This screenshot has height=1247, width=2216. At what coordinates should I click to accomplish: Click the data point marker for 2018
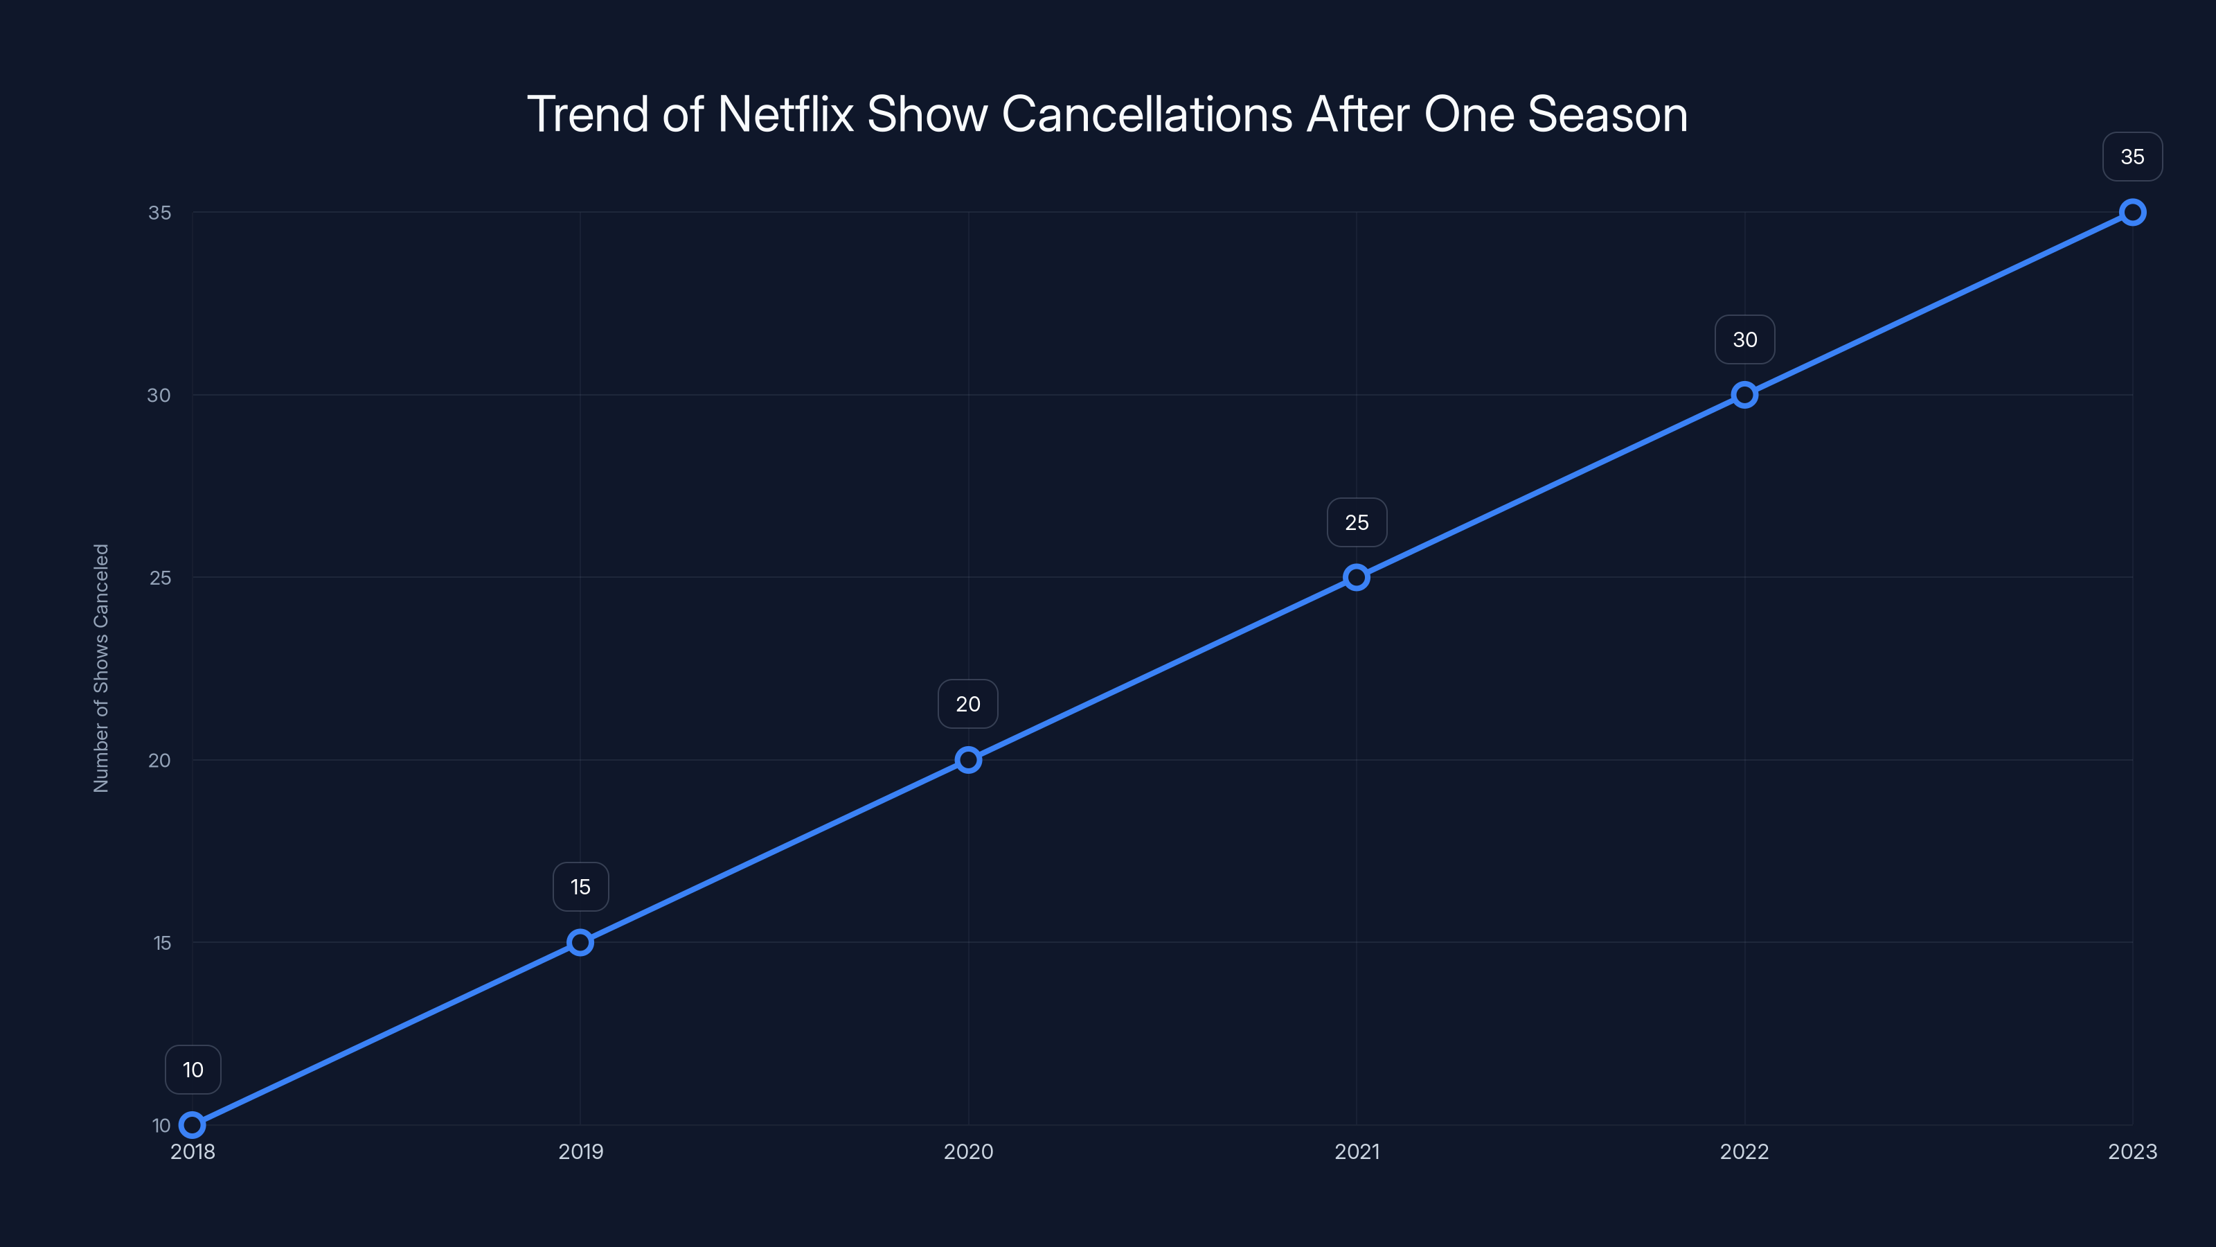pos(193,1125)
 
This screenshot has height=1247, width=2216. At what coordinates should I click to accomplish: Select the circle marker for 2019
pos(581,942)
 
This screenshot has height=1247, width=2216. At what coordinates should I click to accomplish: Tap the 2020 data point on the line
pos(969,760)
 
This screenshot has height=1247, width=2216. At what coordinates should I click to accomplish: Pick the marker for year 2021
pos(1357,578)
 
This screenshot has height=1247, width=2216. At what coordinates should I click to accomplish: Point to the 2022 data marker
pos(1744,395)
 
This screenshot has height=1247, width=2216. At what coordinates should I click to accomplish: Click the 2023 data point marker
pos(2133,213)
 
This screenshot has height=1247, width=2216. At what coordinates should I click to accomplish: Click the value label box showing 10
pos(193,1070)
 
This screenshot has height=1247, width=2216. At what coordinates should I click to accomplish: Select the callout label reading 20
pos(968,704)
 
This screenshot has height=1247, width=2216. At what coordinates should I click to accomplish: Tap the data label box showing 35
pos(2133,157)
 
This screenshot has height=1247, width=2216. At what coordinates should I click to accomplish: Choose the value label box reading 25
pos(1357,522)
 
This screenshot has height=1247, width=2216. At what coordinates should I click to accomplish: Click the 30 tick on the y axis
pos(159,395)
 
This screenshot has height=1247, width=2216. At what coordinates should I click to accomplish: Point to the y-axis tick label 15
pos(162,943)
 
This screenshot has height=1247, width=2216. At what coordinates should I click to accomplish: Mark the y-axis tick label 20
pos(159,761)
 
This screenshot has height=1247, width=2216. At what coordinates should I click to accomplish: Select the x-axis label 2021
pos(1357,1151)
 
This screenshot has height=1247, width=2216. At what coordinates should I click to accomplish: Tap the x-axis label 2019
pos(581,1151)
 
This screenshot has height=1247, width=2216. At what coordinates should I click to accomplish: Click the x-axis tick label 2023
pos(2133,1151)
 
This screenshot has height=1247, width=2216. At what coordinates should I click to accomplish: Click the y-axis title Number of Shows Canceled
pos(102,668)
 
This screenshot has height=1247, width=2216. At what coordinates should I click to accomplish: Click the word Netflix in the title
pos(785,114)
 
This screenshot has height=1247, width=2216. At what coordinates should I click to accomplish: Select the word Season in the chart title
pos(1607,114)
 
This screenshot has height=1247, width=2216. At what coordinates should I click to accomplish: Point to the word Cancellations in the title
pos(1147,114)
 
